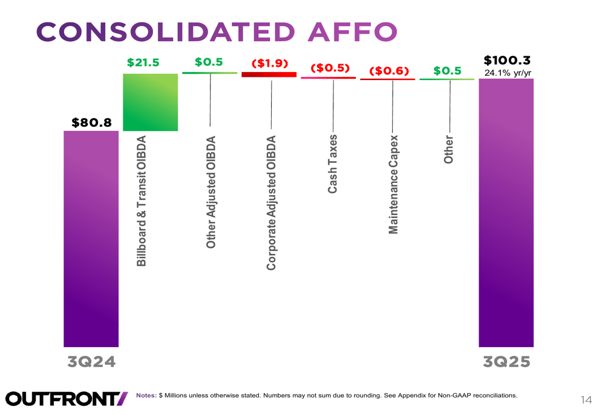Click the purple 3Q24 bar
pos(91,239)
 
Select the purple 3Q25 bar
pos(506,212)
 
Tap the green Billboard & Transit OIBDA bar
pos(150,102)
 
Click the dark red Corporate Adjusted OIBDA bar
pos(269,75)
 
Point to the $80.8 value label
pos(92,122)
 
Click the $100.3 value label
pos(507,61)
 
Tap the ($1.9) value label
pos(269,64)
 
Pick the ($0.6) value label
pos(389,71)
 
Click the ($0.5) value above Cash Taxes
pos(330,68)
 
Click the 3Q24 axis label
pos(91,362)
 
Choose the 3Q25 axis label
pos(506,362)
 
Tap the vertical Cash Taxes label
pos(333,164)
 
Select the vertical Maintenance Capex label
pos(393,184)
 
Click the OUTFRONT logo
pos(67,398)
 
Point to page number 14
pos(586,399)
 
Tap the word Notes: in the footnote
pos(146,396)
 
